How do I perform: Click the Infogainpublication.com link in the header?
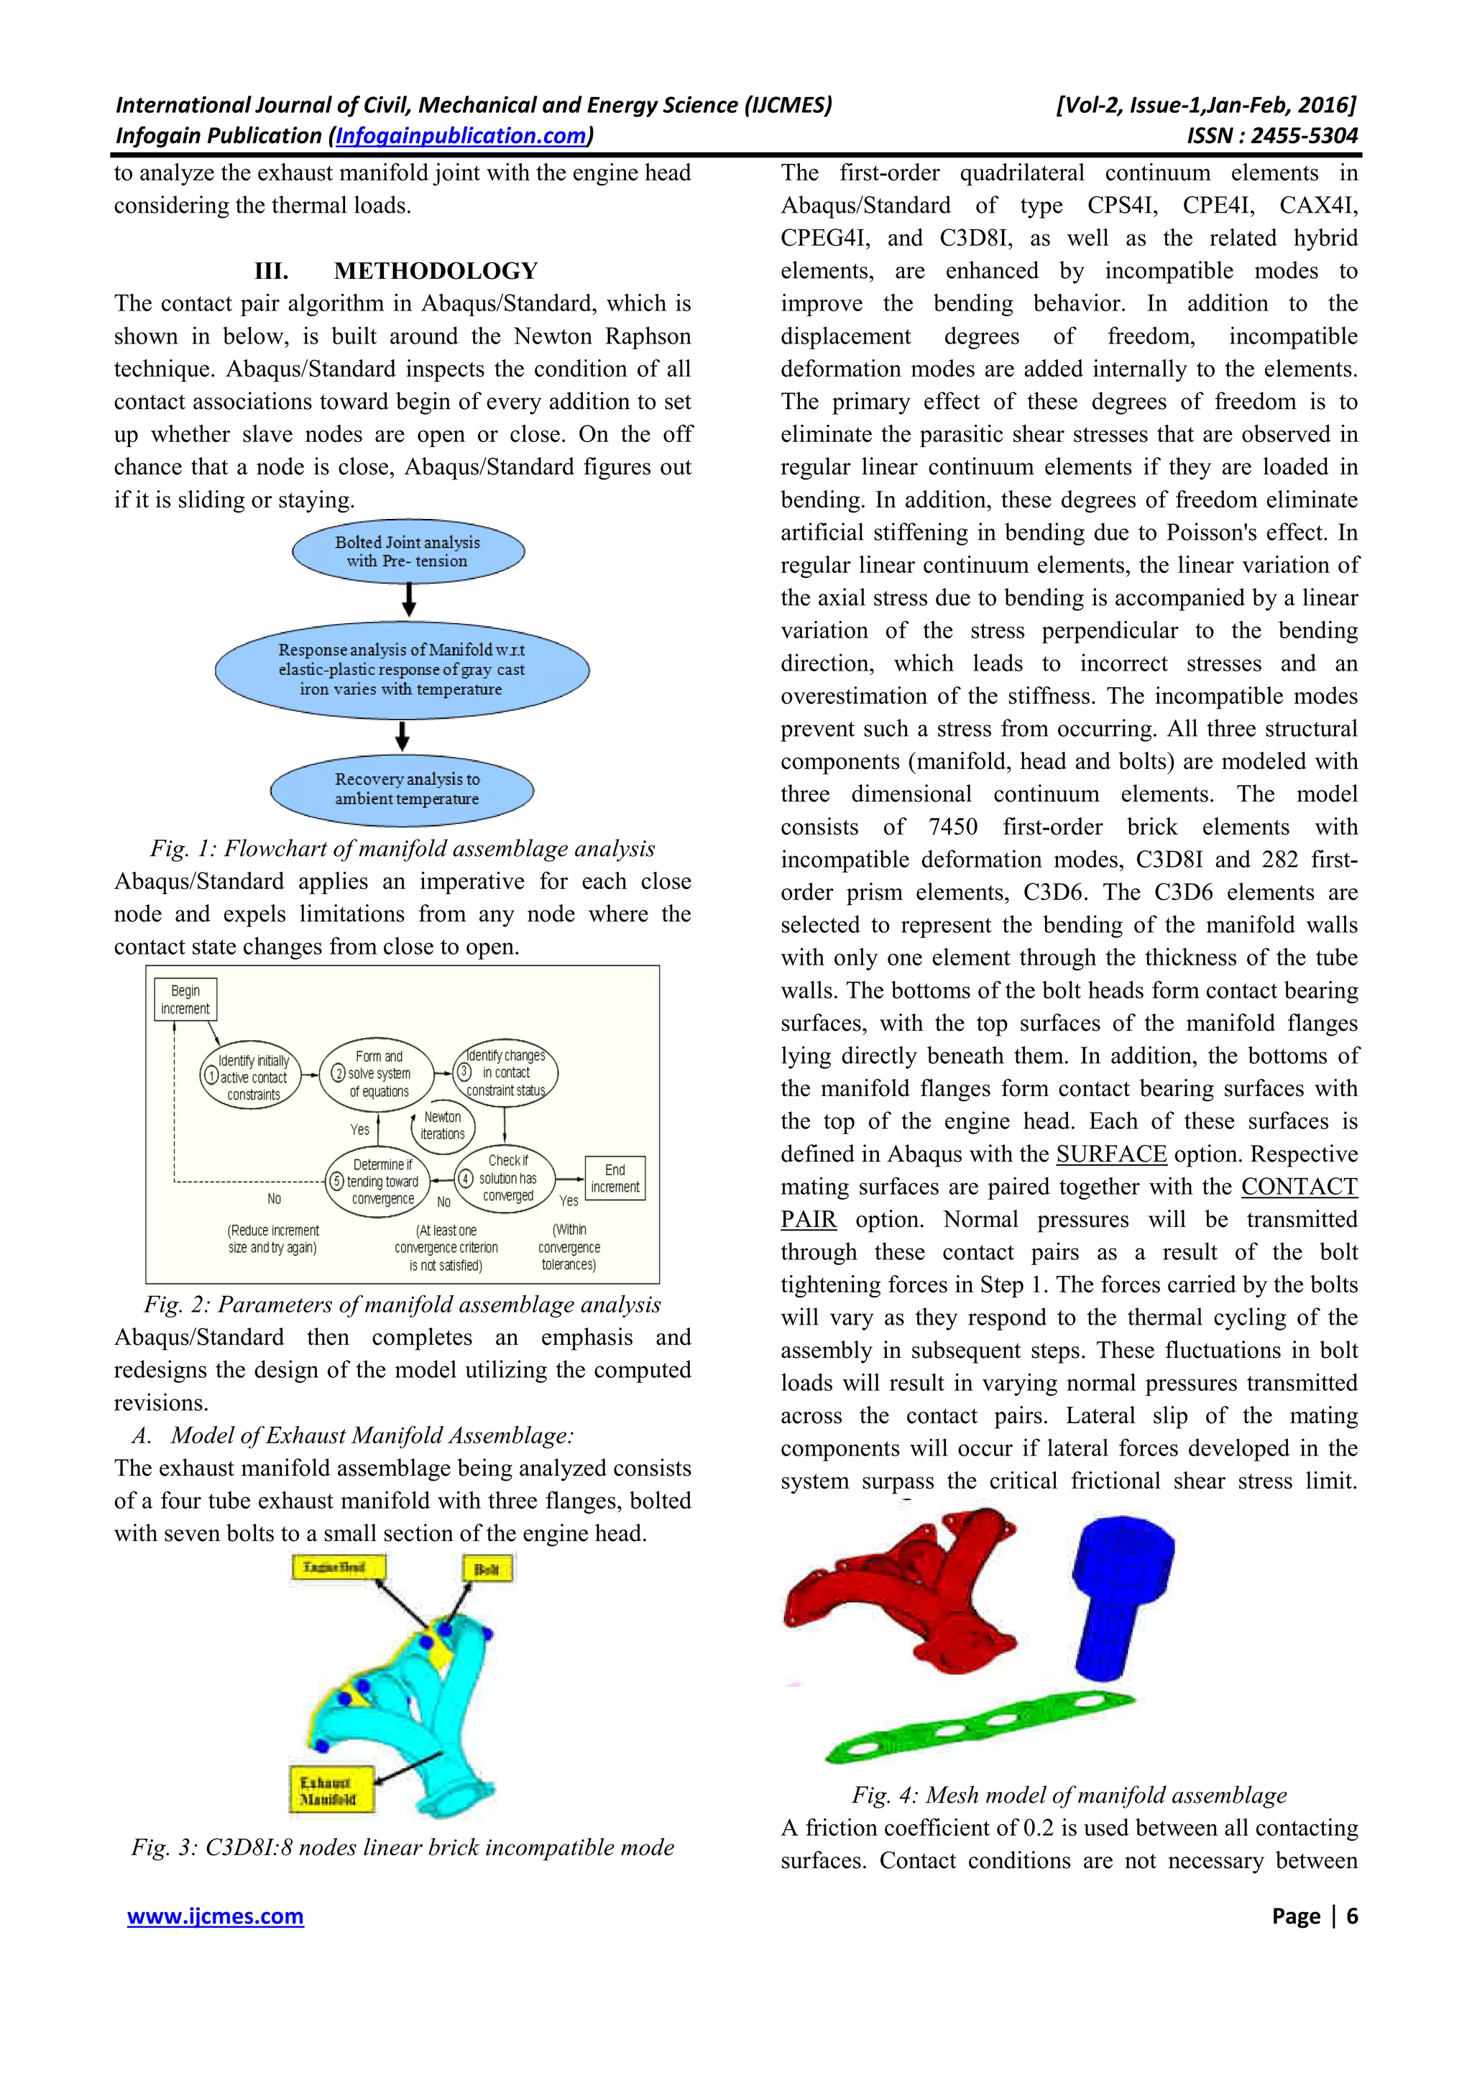(x=461, y=136)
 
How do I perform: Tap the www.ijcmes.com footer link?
(x=215, y=1916)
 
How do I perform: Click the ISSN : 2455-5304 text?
(x=1271, y=136)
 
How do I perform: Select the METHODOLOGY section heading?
(x=436, y=270)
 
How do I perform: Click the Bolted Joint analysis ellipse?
(x=408, y=551)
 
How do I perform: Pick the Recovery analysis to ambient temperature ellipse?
(x=402, y=789)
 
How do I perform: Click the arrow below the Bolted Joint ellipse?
(x=409, y=599)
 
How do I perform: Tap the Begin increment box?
(x=185, y=1000)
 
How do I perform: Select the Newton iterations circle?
(x=443, y=1126)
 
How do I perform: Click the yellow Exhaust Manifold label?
(x=331, y=1790)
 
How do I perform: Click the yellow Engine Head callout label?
(x=339, y=1568)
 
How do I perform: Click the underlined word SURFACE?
(x=1111, y=1154)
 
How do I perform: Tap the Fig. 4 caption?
(x=1068, y=1795)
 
